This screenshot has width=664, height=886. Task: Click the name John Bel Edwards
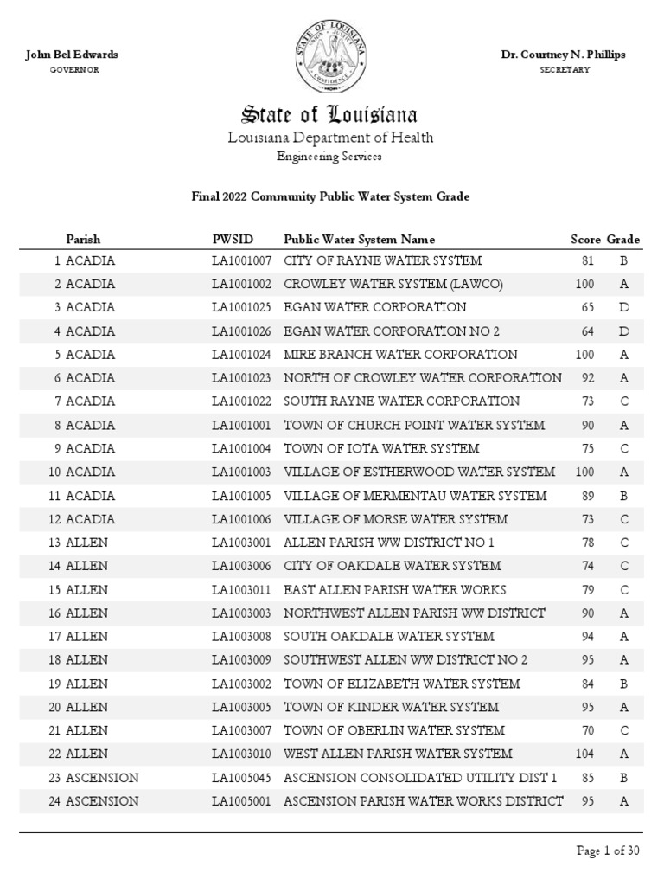73,55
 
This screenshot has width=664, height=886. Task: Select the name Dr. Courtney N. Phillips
563,55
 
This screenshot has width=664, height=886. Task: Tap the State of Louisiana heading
329,115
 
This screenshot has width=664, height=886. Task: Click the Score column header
585,239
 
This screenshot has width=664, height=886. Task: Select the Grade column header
622,239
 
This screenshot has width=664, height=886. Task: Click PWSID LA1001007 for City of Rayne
242,260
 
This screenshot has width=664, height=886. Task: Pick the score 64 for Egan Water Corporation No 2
587,331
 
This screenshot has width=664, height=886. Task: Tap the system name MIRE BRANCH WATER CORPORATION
400,355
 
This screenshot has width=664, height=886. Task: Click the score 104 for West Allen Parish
584,754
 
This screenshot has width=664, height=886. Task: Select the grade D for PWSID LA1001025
622,307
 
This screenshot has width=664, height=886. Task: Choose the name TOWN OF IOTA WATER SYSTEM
381,448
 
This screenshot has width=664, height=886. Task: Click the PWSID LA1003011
242,589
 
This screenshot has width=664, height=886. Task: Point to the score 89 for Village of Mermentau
587,496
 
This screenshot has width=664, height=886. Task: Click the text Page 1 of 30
608,851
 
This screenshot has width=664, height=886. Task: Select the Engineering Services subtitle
329,157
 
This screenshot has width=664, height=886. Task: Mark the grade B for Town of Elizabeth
622,684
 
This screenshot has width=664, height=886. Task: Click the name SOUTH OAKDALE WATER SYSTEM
377,636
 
